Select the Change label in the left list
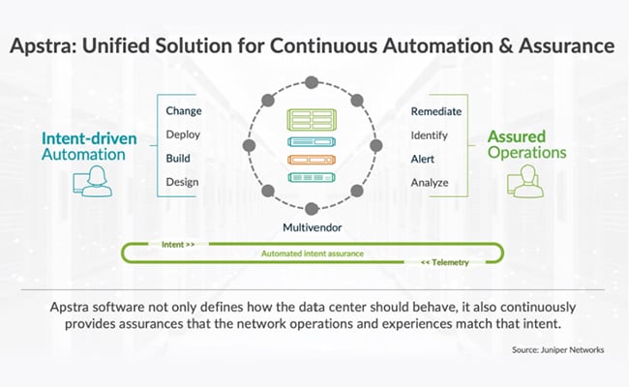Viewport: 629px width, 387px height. [184, 111]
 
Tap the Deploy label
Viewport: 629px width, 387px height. [183, 134]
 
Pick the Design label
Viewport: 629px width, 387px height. [183, 182]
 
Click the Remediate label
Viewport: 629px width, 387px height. [436, 111]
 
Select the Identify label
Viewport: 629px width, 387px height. [429, 134]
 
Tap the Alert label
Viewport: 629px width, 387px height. [423, 158]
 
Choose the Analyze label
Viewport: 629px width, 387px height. [430, 182]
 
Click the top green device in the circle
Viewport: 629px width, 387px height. [312, 120]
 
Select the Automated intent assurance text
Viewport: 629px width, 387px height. [312, 253]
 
